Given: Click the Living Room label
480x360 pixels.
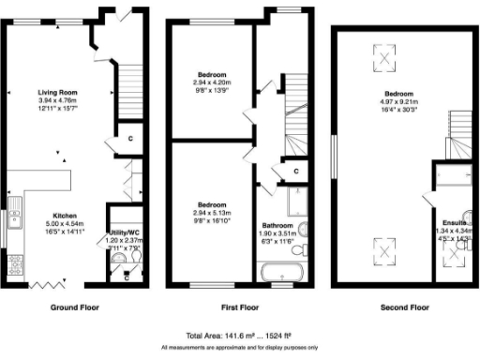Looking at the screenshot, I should [57, 93].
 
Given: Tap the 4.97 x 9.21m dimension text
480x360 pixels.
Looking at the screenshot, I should [397, 101].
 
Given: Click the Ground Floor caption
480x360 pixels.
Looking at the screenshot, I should [74, 307].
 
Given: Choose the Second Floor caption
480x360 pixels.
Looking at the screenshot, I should [404, 307].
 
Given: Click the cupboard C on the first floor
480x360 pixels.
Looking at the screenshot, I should [296, 172].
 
